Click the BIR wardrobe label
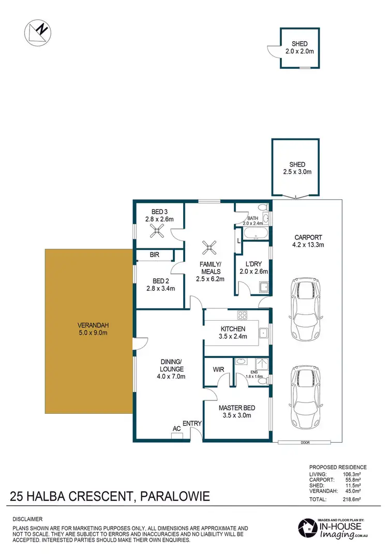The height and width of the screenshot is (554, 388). click(154, 255)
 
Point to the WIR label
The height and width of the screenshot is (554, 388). click(218, 369)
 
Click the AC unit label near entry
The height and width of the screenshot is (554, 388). click(176, 429)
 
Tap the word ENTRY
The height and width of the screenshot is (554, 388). click(192, 424)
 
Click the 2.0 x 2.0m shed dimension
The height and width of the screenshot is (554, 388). click(300, 51)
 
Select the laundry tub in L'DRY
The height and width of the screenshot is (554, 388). click(262, 287)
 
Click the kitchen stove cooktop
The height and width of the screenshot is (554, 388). click(242, 315)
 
